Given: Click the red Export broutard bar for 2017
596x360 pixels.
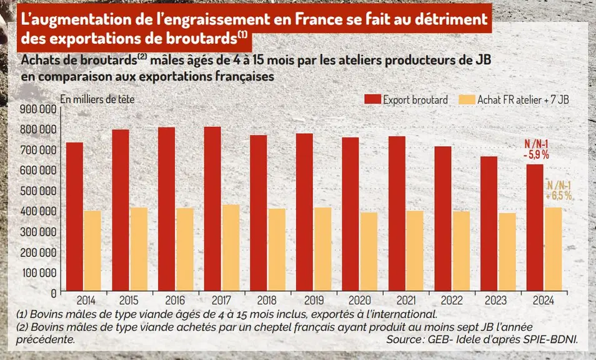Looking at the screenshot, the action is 212,209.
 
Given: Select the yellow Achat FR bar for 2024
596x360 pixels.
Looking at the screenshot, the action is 553,249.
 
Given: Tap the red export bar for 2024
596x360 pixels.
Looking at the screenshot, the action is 535,227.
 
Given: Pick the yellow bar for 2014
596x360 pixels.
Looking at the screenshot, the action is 92,251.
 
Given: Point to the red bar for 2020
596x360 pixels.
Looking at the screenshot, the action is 350,214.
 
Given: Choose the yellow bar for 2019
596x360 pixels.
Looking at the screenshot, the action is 323,249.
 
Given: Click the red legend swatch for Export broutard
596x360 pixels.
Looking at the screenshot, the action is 372,99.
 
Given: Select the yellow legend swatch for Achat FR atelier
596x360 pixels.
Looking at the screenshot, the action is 467,99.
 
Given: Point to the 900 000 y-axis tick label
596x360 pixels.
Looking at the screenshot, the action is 38,109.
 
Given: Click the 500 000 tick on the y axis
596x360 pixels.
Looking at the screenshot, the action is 38,191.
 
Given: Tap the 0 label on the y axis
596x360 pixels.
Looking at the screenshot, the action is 54,293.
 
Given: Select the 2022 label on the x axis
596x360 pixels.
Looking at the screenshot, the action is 452,301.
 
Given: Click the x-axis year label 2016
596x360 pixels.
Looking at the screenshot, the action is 175,301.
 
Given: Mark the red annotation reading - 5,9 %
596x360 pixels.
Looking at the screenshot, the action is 536,155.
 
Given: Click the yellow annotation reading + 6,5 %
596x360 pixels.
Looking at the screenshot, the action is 559,196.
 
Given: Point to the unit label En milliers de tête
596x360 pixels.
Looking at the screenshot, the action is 97,99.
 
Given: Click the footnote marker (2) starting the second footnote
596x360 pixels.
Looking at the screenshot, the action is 22,327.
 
